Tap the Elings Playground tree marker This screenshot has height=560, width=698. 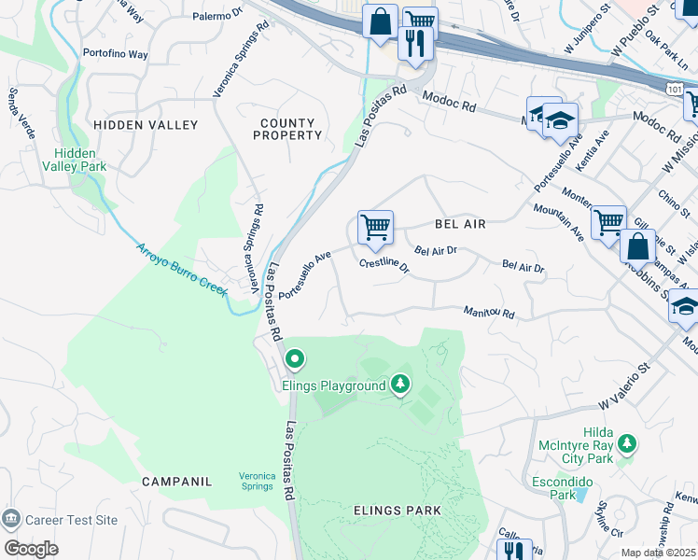400,383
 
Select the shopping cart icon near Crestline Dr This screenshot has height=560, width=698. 375,227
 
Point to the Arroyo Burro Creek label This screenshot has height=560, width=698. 182,270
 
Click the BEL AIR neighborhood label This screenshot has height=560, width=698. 462,224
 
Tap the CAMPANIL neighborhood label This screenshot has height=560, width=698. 177,482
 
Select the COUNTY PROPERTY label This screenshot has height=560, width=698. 287,129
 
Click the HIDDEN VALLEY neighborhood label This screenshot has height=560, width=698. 145,124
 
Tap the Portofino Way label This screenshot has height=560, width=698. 115,54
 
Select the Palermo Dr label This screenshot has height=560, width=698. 216,16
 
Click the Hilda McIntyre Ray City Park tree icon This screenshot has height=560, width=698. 628,442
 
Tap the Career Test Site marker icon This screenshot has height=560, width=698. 11,518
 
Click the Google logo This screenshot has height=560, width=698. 31,549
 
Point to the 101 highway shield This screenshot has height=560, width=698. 674,87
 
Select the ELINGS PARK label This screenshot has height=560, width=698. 390,510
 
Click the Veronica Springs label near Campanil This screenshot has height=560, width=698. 257,481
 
